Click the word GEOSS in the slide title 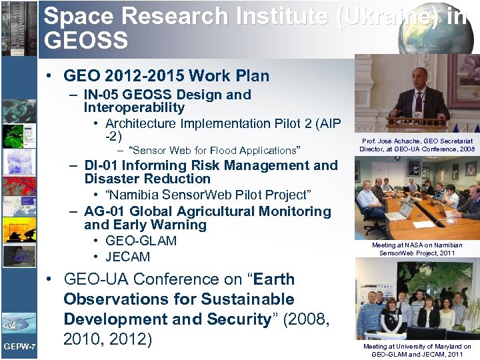85,41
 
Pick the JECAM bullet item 127,257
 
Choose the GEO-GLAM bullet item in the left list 141,241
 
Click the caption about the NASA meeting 417,249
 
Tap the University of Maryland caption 417,350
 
